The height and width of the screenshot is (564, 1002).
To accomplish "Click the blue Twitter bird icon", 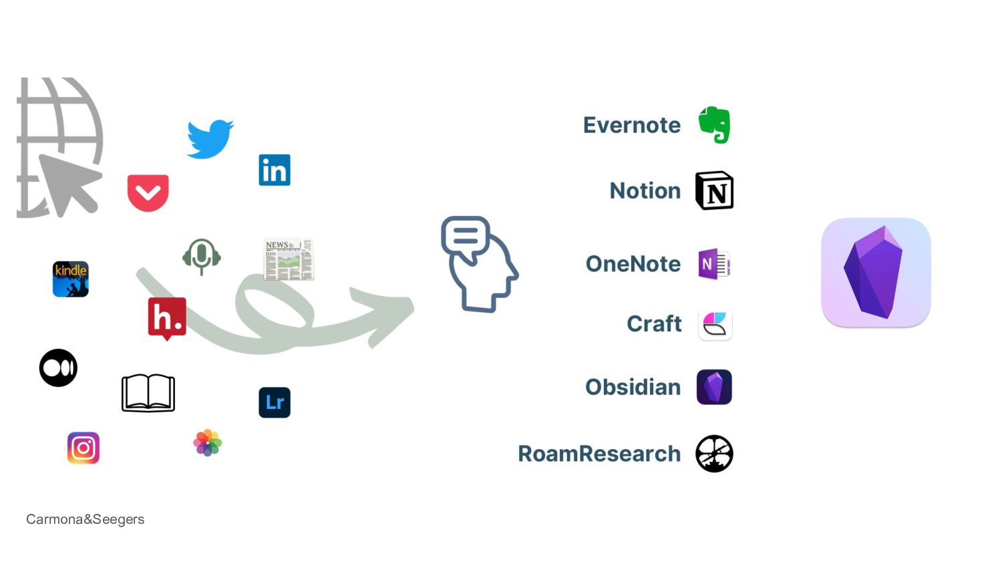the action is click(210, 139).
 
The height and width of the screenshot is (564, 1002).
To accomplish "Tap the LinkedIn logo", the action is click(275, 170).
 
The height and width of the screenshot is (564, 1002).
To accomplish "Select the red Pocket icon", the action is click(148, 192).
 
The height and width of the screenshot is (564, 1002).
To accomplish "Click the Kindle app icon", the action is click(71, 279).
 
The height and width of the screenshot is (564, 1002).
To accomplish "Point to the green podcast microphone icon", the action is click(202, 256).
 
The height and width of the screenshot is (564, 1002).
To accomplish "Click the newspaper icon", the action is click(289, 259).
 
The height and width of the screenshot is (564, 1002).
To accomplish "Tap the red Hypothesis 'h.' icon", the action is click(167, 317).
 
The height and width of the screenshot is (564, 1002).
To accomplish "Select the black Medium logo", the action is click(58, 368).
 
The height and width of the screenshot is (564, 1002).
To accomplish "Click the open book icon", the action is click(148, 393).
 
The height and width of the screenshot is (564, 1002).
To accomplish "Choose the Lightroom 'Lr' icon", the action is click(275, 402).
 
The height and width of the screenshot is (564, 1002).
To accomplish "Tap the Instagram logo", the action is click(83, 448).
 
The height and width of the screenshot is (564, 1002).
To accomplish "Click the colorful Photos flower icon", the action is click(208, 442).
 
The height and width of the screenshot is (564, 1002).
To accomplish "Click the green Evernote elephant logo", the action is click(715, 125).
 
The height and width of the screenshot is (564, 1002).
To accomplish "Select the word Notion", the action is click(645, 190).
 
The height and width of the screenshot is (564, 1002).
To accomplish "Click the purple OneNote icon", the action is click(714, 264).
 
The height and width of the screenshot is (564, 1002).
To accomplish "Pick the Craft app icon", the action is click(715, 324).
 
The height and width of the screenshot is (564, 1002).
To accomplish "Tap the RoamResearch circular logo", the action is click(714, 454).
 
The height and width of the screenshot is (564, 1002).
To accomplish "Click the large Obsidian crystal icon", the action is click(876, 273).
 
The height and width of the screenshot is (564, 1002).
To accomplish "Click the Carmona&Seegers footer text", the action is click(85, 519).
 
